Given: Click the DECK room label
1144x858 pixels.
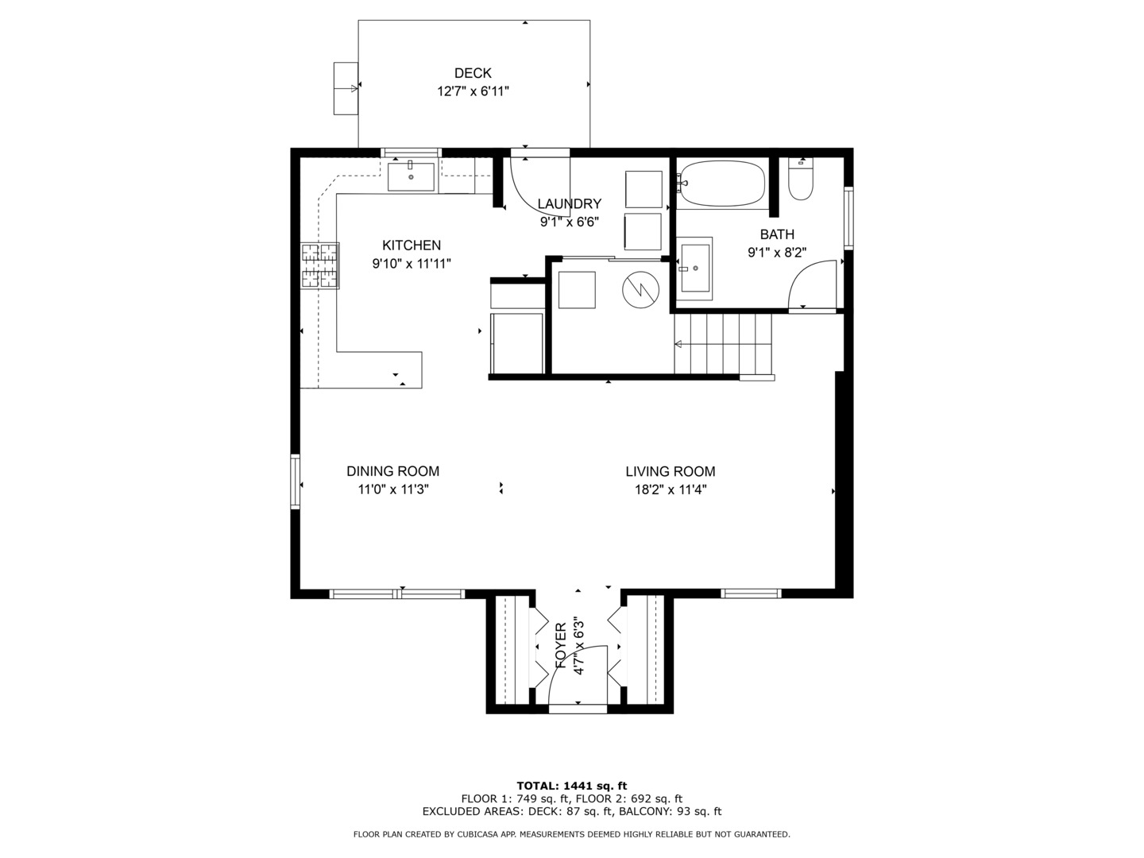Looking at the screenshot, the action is pos(473,73).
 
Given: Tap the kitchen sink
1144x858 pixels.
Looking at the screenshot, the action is pos(411,176).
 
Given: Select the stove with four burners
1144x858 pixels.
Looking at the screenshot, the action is pos(320,265).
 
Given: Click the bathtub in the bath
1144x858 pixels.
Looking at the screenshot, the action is pos(723,184).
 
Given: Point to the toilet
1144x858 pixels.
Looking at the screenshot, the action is pos(801,179).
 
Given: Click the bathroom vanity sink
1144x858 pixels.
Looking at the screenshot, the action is pos(694,269).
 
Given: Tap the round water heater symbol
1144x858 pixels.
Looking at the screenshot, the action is pos(640,290).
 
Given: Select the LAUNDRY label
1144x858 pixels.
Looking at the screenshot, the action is pos(569,203).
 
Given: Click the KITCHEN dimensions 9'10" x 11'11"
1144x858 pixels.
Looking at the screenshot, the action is pos(412,264).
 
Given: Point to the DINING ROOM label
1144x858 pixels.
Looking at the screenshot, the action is pos(393,471).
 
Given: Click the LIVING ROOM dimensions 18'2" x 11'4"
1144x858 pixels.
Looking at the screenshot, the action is pos(671,489).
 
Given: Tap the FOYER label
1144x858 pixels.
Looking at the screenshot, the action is pos(561,646).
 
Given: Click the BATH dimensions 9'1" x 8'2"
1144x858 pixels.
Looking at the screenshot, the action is pos(777,253).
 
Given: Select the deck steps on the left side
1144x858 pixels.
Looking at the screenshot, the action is pos(346,88).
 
